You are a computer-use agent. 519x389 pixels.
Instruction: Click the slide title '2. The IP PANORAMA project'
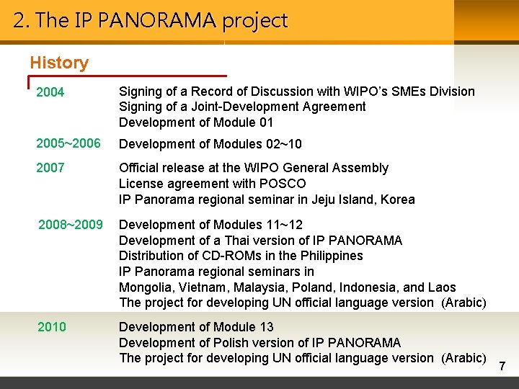[x=151, y=20]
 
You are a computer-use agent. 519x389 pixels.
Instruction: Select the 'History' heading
[x=59, y=63]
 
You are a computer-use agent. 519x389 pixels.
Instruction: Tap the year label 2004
[x=50, y=92]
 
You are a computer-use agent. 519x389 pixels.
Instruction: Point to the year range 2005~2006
[x=68, y=143]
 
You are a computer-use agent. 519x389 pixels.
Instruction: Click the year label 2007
[x=50, y=168]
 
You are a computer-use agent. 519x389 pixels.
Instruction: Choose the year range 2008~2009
[x=70, y=225]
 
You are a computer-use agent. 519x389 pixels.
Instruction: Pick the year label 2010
[x=52, y=327]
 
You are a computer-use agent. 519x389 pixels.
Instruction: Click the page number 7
[x=502, y=367]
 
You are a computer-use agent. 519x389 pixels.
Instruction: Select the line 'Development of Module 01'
[x=196, y=122]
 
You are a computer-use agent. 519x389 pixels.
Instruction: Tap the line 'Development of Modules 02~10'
[x=210, y=144]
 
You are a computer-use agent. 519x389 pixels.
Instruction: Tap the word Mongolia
[x=145, y=287]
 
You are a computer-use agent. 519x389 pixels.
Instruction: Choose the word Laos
[x=441, y=287]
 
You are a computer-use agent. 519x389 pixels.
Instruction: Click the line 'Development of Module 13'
[x=196, y=327]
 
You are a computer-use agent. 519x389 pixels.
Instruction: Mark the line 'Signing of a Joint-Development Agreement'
[x=242, y=107]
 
